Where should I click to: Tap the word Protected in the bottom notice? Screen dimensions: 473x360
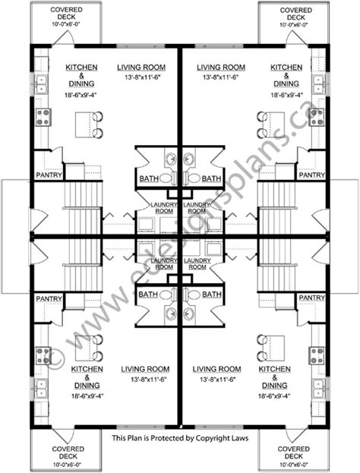pyautogui.click(x=172, y=438)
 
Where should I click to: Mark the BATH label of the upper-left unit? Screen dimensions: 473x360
pyautogui.click(x=149, y=179)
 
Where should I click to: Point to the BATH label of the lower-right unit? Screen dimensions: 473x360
pyautogui.click(x=211, y=294)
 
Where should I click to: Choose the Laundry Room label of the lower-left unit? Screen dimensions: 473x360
pyautogui.click(x=163, y=263)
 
